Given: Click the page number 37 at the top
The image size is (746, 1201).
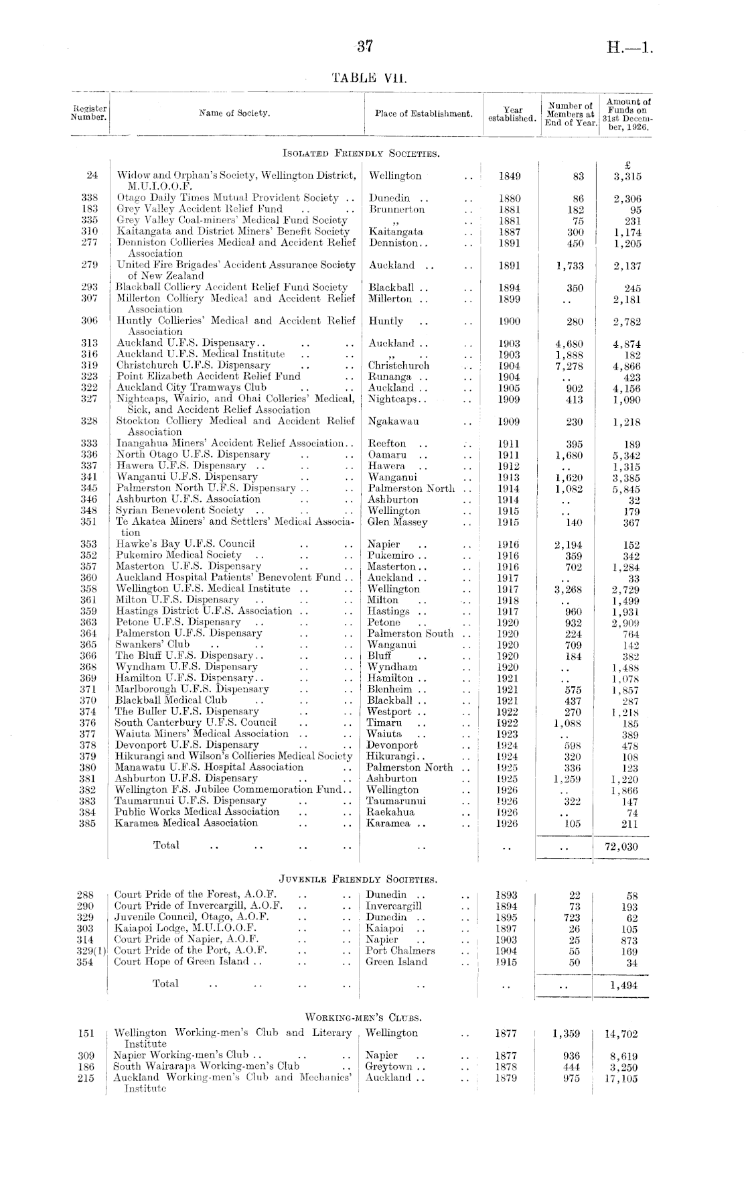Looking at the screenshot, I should pos(364,47).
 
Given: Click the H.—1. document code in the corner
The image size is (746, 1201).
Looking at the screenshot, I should pos(629,48).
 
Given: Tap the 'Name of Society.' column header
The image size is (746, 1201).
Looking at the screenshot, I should pos(235,113).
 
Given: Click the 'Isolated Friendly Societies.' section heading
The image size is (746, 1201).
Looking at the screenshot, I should pos(361,154).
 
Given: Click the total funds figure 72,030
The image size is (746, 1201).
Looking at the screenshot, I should pos(621,846).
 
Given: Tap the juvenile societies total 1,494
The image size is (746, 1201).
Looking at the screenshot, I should pos(624,985).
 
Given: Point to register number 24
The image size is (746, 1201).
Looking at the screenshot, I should pos(92,176).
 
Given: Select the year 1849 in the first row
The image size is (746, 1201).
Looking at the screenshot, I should pos(510,176).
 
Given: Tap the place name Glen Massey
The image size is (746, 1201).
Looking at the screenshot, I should pos(398,522).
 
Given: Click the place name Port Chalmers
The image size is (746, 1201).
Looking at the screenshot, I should pos(400,950).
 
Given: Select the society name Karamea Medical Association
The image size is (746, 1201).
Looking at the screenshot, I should pos(186,823).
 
